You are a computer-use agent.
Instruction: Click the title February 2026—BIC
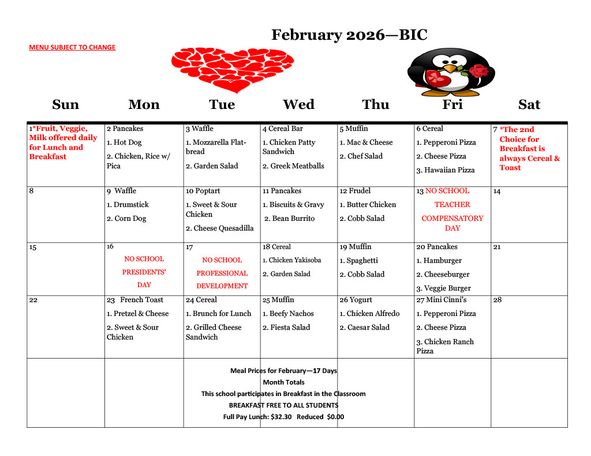(349, 35)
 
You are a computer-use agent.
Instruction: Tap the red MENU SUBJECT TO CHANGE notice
(72, 47)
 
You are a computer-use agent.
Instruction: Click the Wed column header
(298, 104)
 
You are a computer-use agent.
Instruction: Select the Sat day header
(529, 104)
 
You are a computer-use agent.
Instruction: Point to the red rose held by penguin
(479, 71)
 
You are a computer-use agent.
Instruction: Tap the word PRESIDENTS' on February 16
(144, 272)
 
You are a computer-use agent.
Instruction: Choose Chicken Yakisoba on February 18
(295, 260)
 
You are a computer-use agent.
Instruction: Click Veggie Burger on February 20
(447, 288)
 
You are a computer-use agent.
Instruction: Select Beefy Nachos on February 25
(291, 314)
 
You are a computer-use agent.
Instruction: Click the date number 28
(498, 300)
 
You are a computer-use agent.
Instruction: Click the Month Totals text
(283, 382)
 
